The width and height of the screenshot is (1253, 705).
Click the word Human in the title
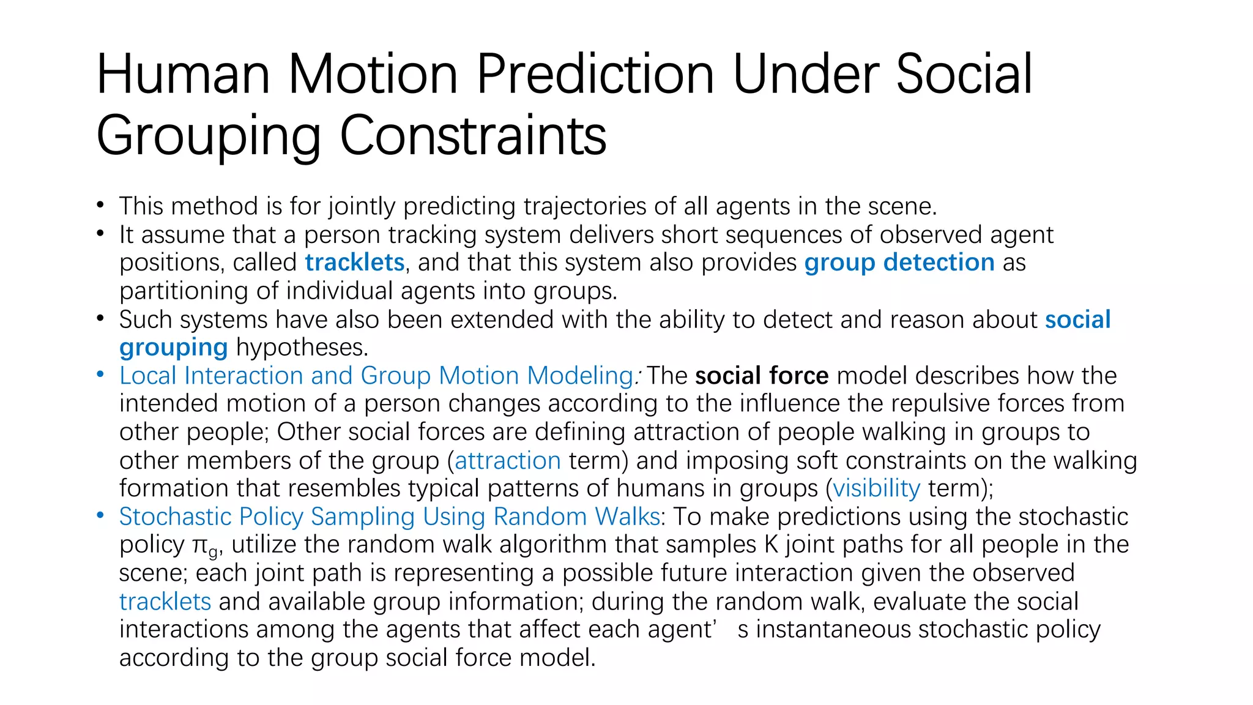click(183, 74)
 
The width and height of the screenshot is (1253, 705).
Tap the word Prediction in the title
click(595, 74)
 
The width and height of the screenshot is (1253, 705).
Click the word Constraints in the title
click(472, 135)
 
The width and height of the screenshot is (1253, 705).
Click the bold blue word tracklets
click(355, 263)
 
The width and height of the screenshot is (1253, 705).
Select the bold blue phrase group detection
click(899, 263)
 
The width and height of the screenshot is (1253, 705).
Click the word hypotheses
click(302, 348)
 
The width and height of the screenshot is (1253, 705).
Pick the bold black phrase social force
click(762, 376)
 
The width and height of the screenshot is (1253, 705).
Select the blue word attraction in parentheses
click(507, 460)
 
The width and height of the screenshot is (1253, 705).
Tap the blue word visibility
click(876, 488)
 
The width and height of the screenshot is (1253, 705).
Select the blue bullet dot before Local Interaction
click(100, 375)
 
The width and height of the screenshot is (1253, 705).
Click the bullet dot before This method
click(100, 206)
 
